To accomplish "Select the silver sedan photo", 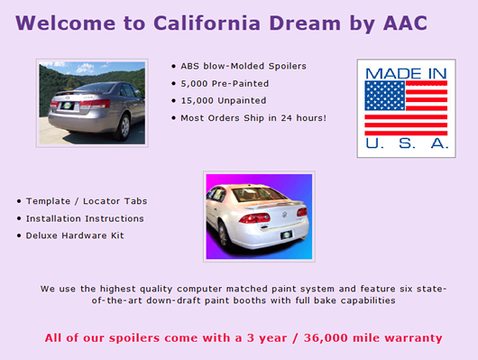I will [92, 102].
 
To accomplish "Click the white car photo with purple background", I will [258, 217].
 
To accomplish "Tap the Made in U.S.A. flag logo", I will [405, 108].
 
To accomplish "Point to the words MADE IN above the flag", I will [405, 72].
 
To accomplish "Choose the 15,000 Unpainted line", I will [219, 100].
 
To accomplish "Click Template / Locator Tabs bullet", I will [86, 201].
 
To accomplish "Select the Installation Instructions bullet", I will [84, 218].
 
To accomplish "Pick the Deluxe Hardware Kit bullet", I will [74, 235].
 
